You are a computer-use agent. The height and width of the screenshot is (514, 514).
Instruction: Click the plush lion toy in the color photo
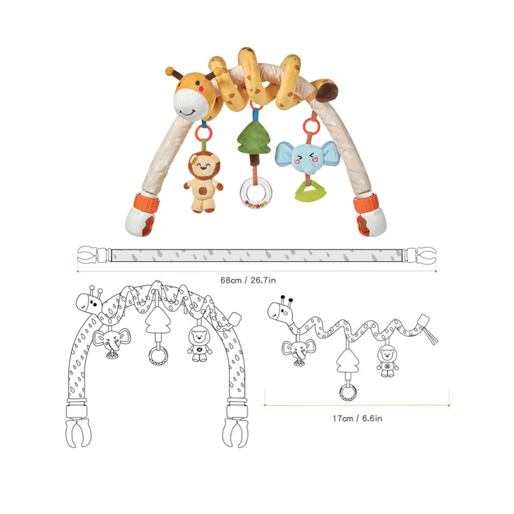[x=203, y=182]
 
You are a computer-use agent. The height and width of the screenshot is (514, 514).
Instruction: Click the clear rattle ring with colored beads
[x=256, y=193]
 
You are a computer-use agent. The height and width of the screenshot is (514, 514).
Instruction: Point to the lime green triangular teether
[x=310, y=190]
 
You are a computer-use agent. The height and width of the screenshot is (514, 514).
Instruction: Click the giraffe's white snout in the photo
[x=190, y=104]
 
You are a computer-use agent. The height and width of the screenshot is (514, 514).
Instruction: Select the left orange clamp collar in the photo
[x=147, y=203]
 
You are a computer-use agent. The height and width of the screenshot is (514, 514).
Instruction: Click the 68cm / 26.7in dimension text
[x=248, y=280]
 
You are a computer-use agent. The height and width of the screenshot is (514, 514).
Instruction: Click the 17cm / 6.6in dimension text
[x=357, y=419]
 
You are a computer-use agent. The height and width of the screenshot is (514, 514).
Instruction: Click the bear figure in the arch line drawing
[x=199, y=346]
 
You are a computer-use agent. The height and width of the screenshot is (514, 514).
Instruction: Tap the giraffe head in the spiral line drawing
[x=281, y=309]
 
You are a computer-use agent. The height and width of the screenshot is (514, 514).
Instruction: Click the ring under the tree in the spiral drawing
[x=348, y=393]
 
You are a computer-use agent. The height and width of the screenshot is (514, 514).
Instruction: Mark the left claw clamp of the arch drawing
[x=78, y=433]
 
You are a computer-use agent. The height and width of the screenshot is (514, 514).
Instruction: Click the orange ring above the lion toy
[x=203, y=134]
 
